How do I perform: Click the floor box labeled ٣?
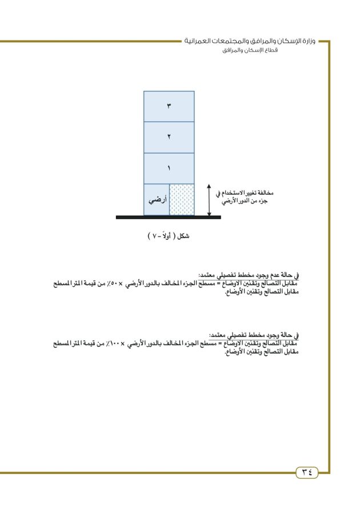[x=169, y=106]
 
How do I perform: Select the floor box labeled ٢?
[x=169, y=137]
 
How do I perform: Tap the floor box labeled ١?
[x=169, y=168]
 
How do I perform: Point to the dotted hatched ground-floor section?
[x=182, y=199]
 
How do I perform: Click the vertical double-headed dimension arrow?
[x=209, y=200]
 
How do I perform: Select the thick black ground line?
[x=168, y=217]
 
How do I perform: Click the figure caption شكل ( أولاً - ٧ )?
[x=168, y=236]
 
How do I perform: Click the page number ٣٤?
[x=307, y=472]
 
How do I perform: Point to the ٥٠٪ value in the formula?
[x=123, y=283]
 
